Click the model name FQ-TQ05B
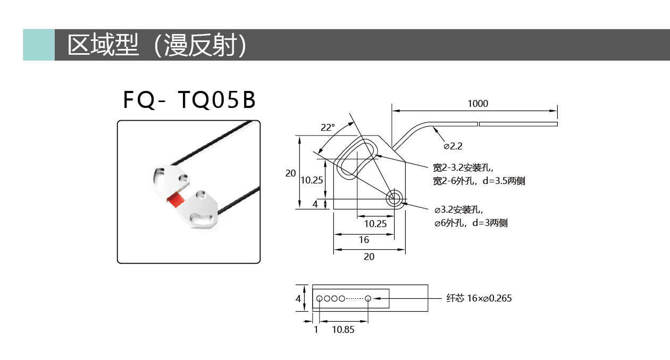click(189, 99)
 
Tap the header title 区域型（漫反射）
click(157, 45)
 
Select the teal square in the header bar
click(39, 45)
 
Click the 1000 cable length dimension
click(478, 104)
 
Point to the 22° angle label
click(328, 128)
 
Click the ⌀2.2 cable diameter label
click(453, 146)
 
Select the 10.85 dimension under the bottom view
click(343, 330)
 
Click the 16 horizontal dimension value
click(364, 239)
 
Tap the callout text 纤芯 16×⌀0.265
click(479, 298)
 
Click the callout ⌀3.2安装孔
click(459, 210)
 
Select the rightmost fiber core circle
click(368, 298)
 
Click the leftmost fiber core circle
click(320, 298)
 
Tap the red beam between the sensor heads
click(175, 200)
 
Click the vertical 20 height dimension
click(290, 173)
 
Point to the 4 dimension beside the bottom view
click(298, 298)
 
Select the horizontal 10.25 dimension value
click(375, 224)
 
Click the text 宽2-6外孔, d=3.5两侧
click(479, 181)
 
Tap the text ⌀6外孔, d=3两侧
click(471, 223)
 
